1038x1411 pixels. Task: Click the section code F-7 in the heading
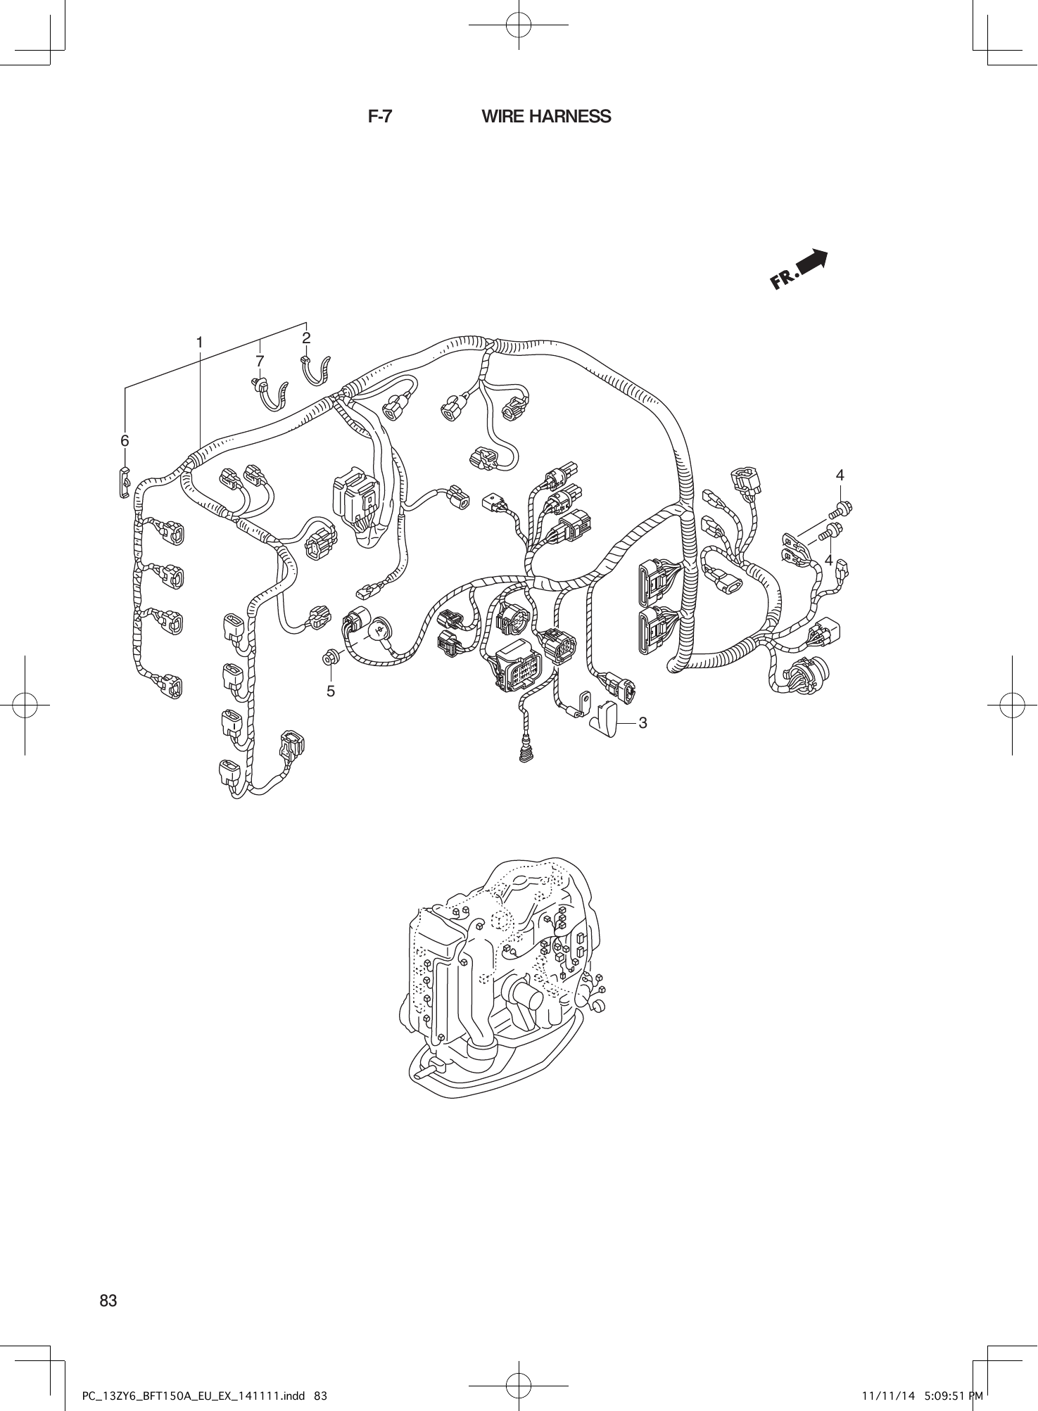point(380,117)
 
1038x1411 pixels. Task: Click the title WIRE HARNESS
point(546,117)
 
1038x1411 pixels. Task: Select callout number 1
point(199,343)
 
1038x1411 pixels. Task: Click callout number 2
point(306,338)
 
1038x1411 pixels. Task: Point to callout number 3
point(643,723)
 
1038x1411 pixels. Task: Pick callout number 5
point(331,691)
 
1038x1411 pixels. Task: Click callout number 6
point(125,441)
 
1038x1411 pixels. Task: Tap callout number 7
point(260,360)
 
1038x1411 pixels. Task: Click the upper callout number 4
point(840,475)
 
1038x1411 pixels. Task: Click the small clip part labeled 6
point(124,482)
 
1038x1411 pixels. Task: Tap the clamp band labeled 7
point(270,395)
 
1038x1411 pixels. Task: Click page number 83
point(108,1300)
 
